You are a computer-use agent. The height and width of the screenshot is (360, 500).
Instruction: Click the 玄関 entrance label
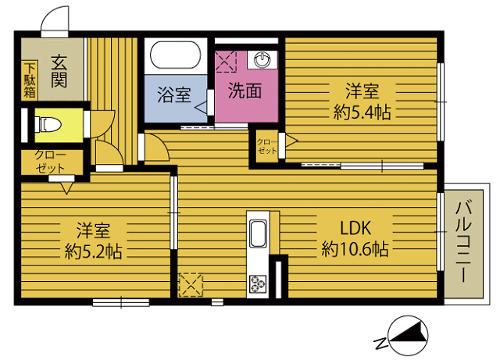[x=59, y=71]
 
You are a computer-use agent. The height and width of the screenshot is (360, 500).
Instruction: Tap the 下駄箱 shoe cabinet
[x=30, y=80]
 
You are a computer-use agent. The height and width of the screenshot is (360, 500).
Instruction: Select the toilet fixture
[x=48, y=124]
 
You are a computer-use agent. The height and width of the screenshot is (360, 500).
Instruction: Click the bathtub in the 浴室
[x=175, y=55]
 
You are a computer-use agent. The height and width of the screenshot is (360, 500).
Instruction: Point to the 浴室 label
[x=174, y=94]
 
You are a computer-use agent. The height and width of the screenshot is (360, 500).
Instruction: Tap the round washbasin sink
[x=262, y=60]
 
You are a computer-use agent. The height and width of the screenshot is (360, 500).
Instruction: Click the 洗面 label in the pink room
[x=245, y=91]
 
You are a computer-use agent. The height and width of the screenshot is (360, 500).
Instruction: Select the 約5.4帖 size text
[x=362, y=112]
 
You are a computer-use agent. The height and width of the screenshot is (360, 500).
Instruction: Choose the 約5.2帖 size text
[x=93, y=251]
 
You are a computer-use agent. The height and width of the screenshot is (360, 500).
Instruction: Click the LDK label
[x=355, y=228]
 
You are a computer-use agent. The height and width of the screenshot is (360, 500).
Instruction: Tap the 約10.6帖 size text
[x=355, y=249]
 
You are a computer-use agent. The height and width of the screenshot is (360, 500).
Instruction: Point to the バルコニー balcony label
[x=463, y=241]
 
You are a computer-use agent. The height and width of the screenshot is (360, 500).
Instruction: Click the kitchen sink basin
[x=258, y=233]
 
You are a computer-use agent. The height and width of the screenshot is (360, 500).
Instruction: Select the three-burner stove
[x=258, y=283]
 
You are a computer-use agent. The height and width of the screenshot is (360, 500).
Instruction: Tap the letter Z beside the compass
[x=380, y=343]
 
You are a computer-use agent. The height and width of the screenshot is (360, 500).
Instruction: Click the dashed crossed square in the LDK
[x=191, y=285]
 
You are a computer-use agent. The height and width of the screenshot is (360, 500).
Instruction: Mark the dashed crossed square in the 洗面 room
[x=226, y=61]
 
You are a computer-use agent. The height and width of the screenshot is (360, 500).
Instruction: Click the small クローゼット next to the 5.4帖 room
[x=267, y=146]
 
